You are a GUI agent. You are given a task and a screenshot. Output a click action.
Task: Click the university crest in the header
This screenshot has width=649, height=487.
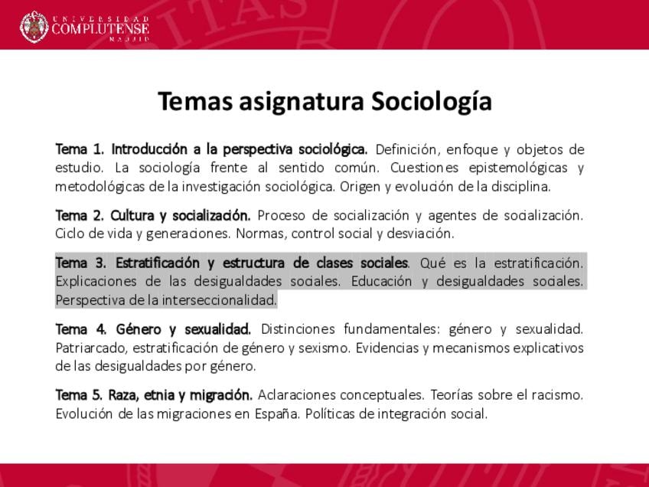(x=34, y=28)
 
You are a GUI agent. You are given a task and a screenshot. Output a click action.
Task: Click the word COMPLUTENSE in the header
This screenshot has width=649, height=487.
(x=100, y=28)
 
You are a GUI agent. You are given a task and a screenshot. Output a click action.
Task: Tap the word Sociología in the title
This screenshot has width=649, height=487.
(x=432, y=102)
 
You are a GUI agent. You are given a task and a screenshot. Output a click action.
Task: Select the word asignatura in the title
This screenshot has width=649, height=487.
(x=301, y=102)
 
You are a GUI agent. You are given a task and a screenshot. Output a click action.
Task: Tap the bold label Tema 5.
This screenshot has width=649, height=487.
(x=79, y=395)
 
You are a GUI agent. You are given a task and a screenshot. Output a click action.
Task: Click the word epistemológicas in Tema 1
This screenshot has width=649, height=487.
(x=518, y=168)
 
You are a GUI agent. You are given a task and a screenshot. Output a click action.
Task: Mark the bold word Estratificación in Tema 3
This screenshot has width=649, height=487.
(x=158, y=263)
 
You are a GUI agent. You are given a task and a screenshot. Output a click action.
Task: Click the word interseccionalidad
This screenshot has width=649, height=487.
(x=220, y=300)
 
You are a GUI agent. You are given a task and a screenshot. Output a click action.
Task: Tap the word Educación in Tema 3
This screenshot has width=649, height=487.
(x=381, y=281)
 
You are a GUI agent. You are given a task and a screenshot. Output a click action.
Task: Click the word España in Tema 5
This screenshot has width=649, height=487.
(x=277, y=414)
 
